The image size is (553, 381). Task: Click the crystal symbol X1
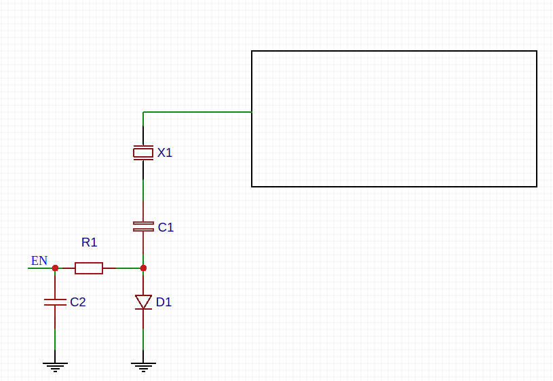pos(143,153)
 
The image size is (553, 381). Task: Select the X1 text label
pos(165,153)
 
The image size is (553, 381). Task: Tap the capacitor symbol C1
pos(143,227)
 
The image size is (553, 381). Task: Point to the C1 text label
pos(166,228)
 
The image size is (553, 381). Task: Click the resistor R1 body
pos(89,268)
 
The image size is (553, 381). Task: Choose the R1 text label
pos(90,242)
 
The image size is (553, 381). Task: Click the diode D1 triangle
pos(143,302)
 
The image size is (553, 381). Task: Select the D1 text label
pos(164,302)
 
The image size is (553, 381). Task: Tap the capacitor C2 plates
pos(55,302)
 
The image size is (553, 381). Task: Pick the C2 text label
pos(78,302)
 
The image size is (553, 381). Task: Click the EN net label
pos(39,261)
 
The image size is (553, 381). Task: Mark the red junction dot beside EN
pos(55,268)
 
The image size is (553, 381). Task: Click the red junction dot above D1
pos(143,268)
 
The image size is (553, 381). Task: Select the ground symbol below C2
pos(55,367)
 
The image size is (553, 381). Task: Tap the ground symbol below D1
pos(143,367)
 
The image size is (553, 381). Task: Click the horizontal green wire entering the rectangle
pos(197,112)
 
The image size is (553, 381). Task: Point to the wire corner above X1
pos(143,112)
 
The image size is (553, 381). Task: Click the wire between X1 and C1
pos(143,191)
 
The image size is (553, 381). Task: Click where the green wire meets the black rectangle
pos(252,112)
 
